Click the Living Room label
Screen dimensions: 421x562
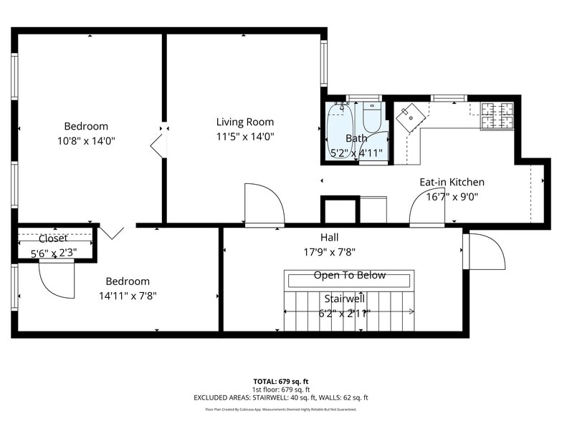245,122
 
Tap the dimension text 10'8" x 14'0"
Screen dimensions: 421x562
86,141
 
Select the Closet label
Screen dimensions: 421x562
53,238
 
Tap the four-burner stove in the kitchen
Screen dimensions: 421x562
497,116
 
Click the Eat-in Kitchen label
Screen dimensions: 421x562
452,182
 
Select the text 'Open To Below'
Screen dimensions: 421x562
349,276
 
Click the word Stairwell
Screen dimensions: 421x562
345,298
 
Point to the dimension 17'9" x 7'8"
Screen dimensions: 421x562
330,251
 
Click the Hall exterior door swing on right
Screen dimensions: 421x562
485,251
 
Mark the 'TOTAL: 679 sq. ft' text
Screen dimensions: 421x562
280,382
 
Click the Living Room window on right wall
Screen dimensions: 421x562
324,64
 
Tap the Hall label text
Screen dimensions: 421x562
330,237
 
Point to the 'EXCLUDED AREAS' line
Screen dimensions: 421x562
280,397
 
